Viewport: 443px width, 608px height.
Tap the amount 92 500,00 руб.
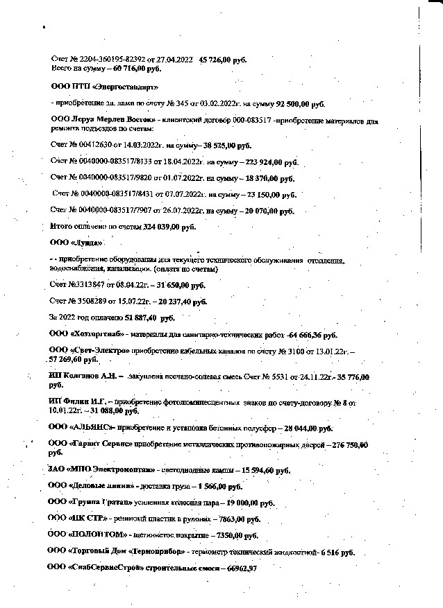[296, 104]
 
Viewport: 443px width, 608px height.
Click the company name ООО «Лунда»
[76, 243]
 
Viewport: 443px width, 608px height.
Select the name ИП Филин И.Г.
[78, 402]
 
